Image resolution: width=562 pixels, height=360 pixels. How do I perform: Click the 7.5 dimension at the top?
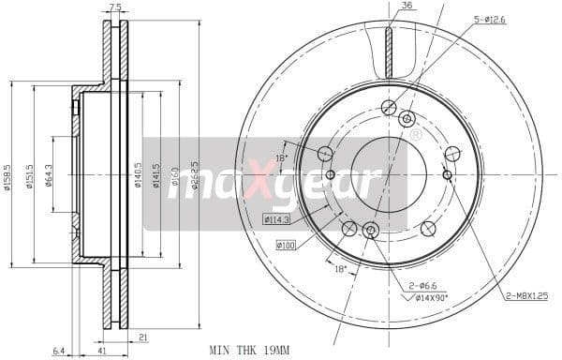115,7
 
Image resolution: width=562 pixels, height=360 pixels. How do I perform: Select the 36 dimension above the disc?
406,7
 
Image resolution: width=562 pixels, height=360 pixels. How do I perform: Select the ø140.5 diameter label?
139,172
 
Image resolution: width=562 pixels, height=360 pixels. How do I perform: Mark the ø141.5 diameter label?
156,172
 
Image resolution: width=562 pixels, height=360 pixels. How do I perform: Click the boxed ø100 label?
285,246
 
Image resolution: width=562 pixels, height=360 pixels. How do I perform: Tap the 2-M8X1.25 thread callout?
526,296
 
